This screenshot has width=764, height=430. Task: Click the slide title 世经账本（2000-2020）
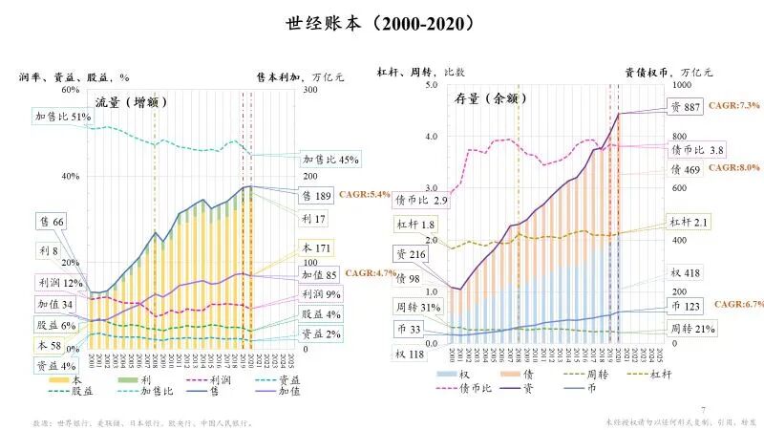tap(381, 22)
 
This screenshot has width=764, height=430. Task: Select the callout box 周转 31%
tap(417, 307)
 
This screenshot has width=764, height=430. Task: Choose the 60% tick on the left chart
tap(69, 90)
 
